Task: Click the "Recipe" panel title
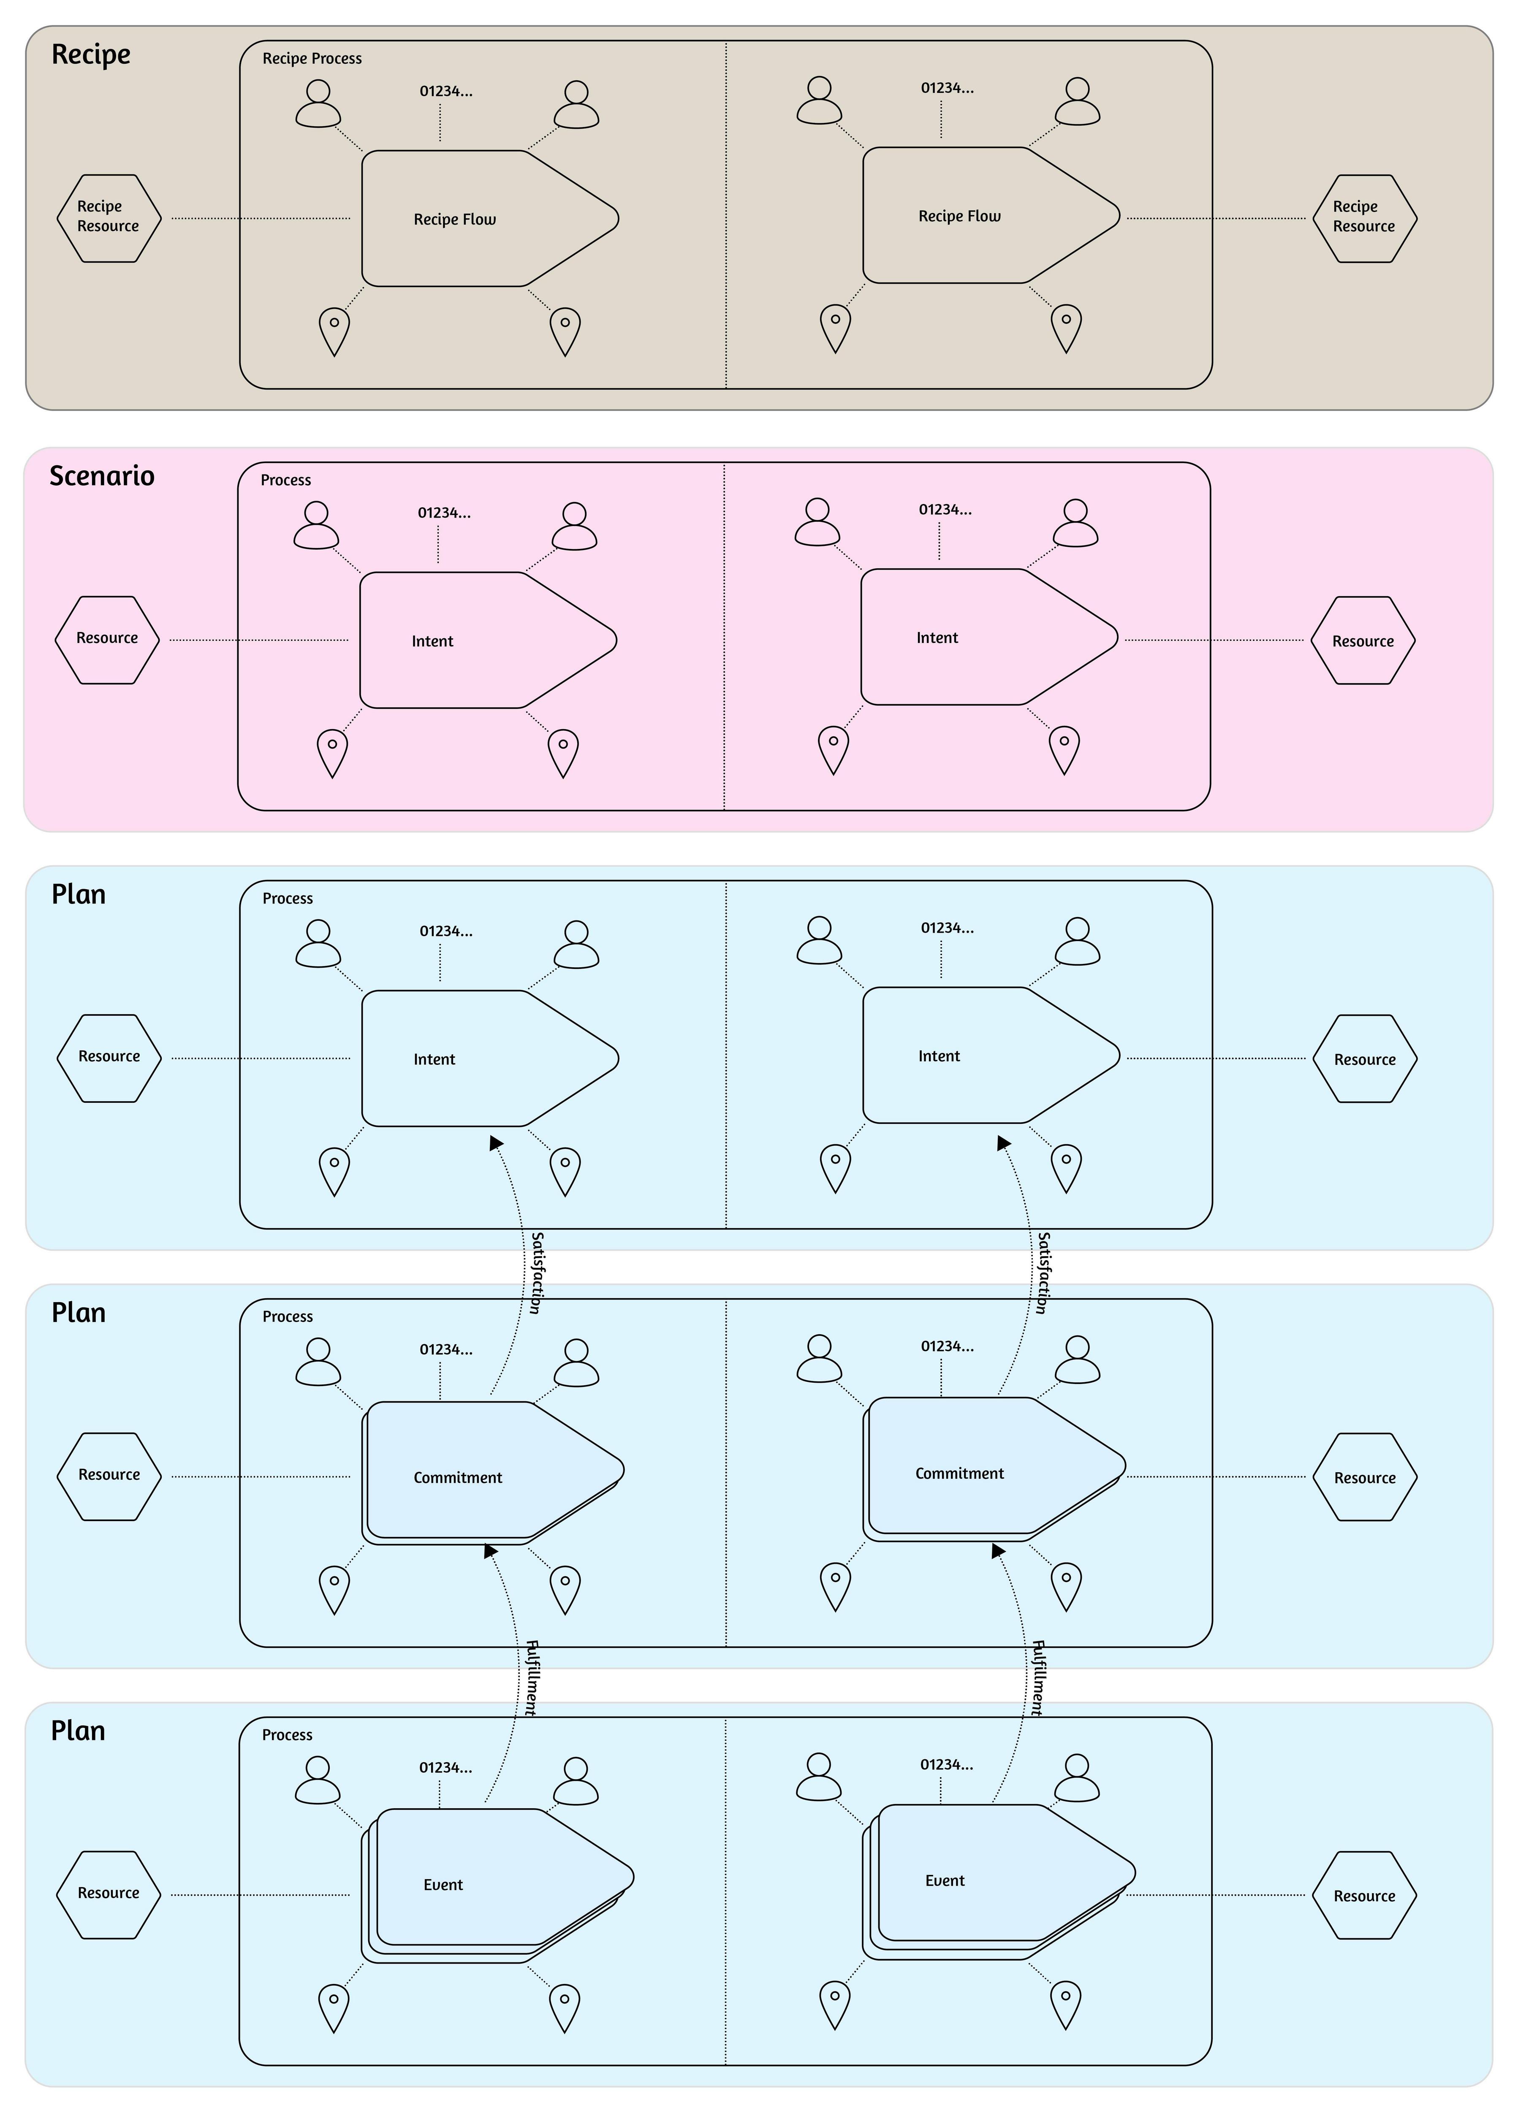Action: coord(90,54)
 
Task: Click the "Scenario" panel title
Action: coord(101,476)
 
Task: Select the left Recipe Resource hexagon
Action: coord(109,218)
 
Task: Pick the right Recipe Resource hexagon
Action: coord(1364,218)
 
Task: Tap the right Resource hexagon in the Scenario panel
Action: coord(1363,640)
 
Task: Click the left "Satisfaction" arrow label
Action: coord(536,1273)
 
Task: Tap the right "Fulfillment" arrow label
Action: coord(1038,1678)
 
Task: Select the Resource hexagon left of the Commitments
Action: coord(109,1476)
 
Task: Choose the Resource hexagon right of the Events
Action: coord(1364,1895)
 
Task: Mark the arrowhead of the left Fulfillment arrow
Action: coord(491,1551)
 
